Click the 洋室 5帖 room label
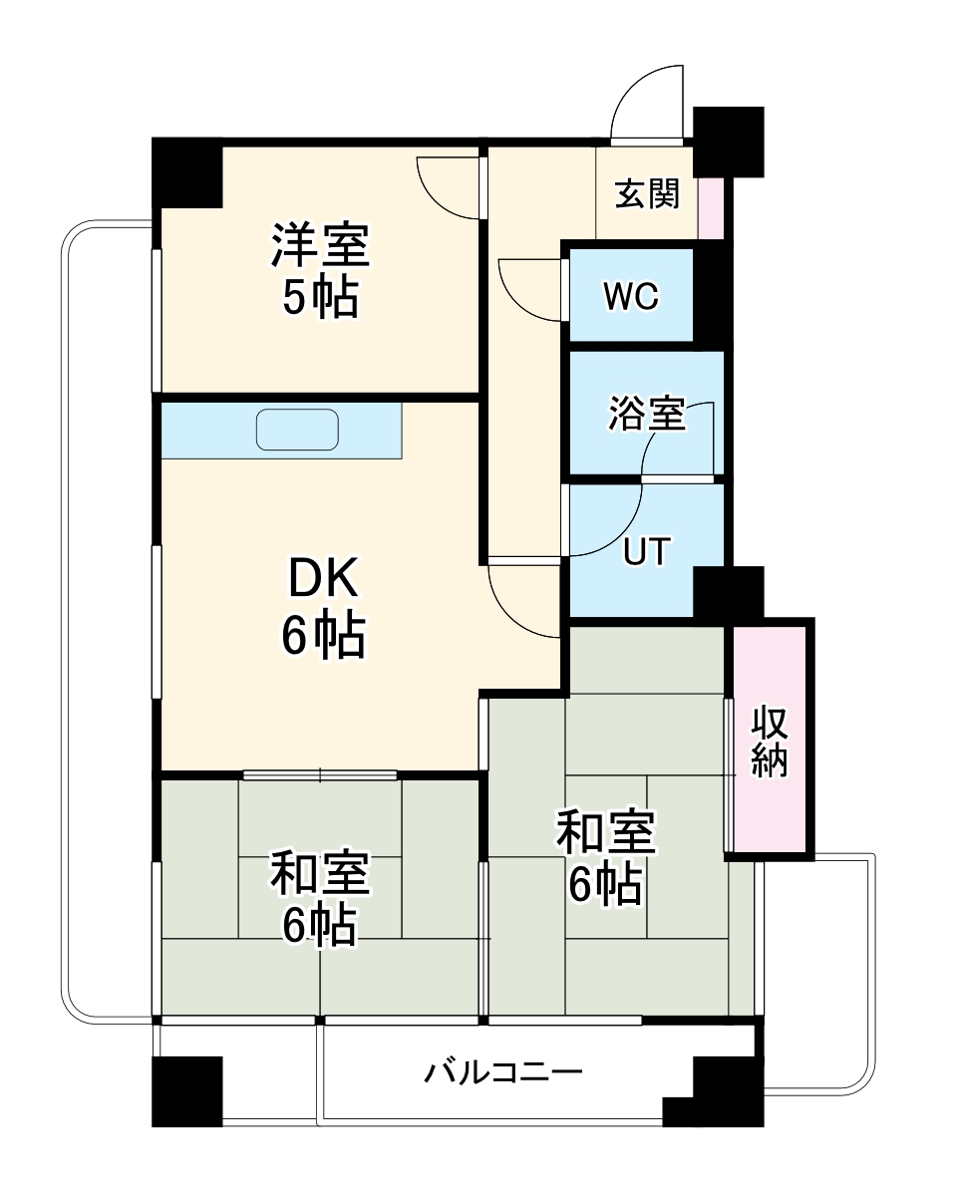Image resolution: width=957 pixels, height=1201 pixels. coord(320,270)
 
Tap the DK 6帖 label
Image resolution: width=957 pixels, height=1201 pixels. coord(322,607)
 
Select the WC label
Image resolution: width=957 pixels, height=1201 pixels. coord(630,296)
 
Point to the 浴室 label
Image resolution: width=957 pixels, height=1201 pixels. coord(647,413)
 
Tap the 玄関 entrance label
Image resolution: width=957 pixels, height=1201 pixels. coord(646,193)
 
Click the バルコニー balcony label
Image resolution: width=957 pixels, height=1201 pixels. coord(503,1073)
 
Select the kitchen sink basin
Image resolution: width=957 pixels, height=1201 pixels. coord(297,430)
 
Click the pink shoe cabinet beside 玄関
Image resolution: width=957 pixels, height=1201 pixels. coord(711,207)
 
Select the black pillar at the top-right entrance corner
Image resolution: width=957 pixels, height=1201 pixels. coord(728,139)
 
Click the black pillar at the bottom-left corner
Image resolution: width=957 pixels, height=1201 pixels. coord(186,1090)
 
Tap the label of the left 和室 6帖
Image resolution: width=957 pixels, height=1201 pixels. coord(320,897)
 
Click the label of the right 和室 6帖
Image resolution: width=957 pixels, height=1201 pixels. coord(605,857)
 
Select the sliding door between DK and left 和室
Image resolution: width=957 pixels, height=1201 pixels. coord(320,774)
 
